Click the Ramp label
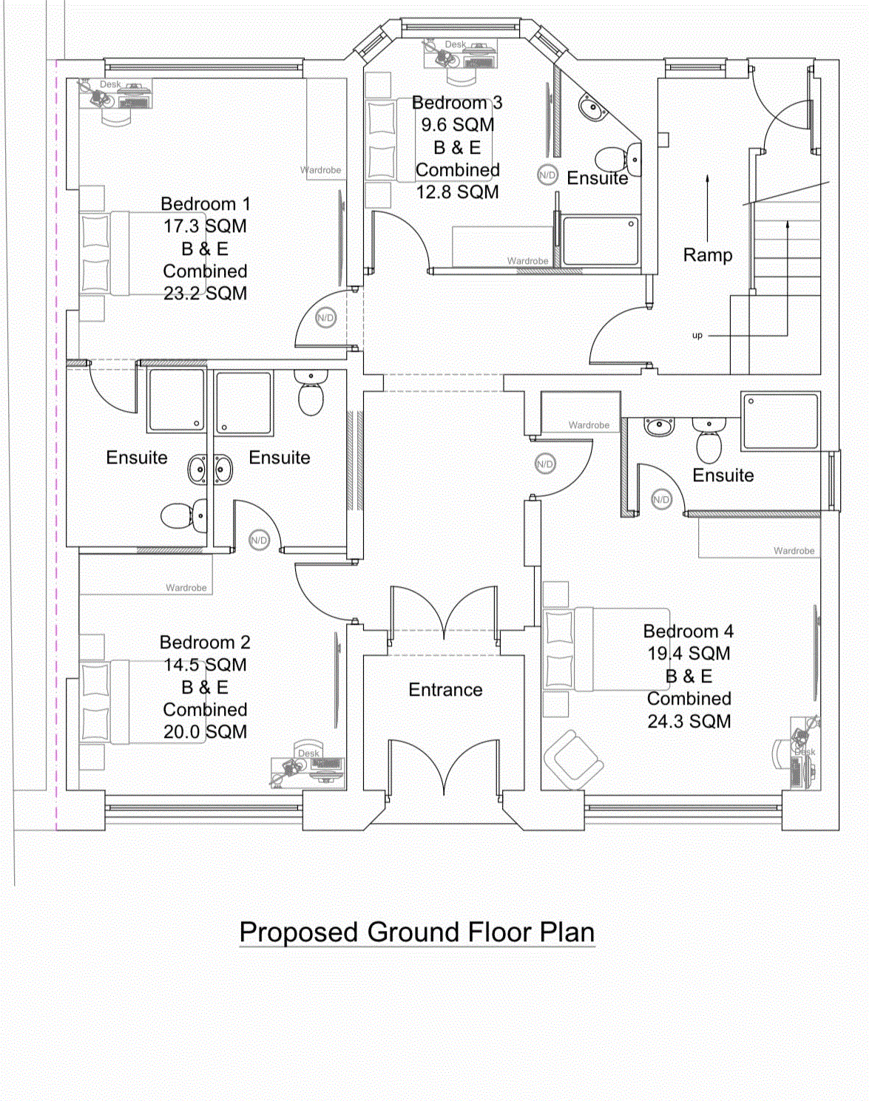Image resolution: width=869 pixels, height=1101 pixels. pos(708,255)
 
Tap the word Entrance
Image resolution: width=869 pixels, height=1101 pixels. pos(445,690)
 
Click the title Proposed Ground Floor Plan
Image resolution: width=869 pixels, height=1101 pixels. pos(417,932)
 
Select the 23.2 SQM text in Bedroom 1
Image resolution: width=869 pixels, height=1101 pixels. pos(205,294)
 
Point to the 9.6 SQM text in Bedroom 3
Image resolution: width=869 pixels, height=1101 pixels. pos(458,125)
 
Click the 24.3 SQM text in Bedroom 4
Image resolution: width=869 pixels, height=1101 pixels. pos(689,722)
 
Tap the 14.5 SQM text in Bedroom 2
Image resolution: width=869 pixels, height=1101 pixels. pos(205,665)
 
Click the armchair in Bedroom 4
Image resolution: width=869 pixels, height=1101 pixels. pos(572,759)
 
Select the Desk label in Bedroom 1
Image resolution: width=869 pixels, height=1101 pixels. pos(110,84)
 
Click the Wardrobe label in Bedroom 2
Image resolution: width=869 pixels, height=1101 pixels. pos(186,588)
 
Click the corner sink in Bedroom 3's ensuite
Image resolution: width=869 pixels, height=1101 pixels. pos(592,109)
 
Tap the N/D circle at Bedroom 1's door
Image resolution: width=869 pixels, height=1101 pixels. pos(325,318)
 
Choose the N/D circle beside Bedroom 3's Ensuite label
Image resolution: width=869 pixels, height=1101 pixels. pos(547,175)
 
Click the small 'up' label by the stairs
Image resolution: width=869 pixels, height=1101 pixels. pos(697,336)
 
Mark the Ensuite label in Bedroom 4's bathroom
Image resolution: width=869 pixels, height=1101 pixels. pos(723,475)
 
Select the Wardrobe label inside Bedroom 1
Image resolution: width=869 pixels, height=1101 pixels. pos(321,170)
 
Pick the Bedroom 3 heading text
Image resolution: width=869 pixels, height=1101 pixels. pos(457,103)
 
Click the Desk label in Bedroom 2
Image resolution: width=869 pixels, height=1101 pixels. pos(308,753)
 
